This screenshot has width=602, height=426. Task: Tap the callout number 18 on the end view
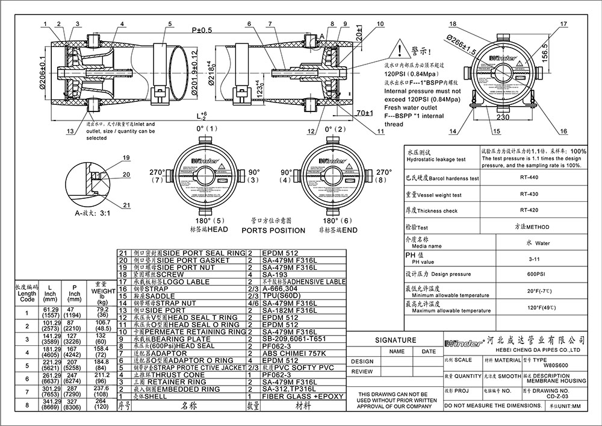coord(452,23)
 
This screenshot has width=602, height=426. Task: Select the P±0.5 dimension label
coord(202,30)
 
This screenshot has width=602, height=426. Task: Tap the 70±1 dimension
coord(363,112)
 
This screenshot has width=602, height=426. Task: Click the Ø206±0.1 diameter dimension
coord(43,72)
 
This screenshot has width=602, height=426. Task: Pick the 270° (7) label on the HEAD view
coord(157,177)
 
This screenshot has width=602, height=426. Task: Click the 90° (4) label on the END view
coord(287,177)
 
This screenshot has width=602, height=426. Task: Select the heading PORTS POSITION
coord(273,230)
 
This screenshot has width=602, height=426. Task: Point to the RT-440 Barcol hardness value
coord(520,178)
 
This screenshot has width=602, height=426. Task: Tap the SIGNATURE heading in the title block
coord(396,340)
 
